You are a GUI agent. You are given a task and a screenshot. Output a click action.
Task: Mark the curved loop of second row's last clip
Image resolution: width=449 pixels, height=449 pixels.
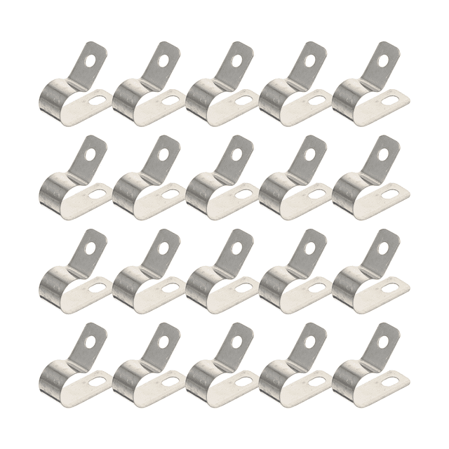click(x=345, y=187)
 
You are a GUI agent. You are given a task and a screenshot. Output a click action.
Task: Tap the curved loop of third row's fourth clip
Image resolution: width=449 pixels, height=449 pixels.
click(x=272, y=282)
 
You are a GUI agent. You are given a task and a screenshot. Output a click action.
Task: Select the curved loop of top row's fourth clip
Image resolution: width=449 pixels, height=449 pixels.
click(x=272, y=94)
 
